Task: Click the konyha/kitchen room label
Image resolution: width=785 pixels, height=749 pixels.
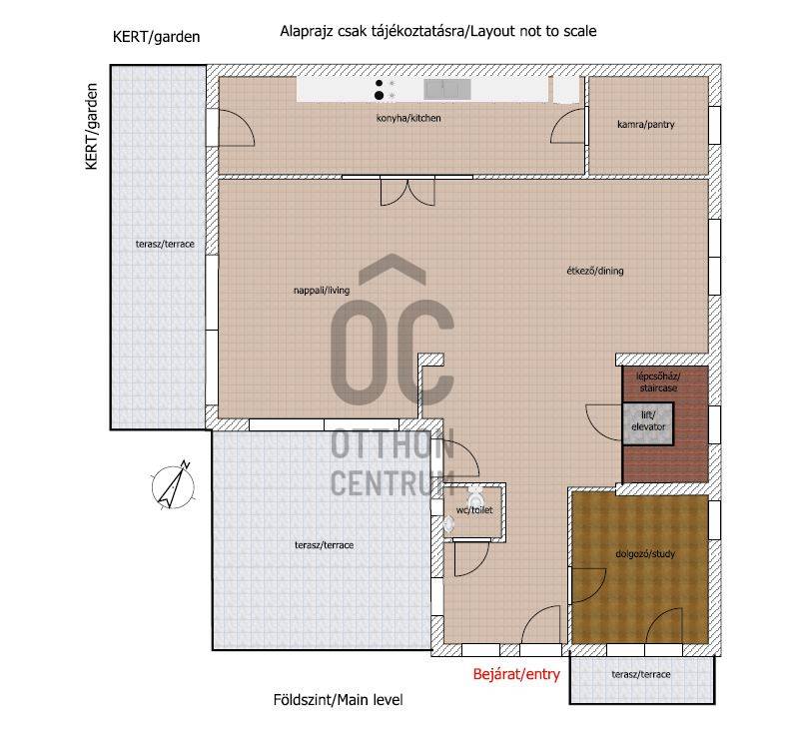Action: click(408, 118)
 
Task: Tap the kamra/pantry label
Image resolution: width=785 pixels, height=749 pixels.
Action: click(646, 124)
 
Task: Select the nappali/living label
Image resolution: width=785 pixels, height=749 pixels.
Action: click(322, 290)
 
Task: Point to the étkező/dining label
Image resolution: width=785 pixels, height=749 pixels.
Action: click(595, 271)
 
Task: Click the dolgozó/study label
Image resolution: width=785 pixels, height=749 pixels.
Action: click(645, 553)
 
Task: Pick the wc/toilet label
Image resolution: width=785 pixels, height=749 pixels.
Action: click(474, 509)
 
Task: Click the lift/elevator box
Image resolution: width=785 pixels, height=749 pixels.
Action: click(648, 423)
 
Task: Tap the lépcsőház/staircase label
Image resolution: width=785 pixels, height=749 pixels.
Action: click(658, 382)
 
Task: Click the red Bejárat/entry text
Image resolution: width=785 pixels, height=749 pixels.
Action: click(516, 674)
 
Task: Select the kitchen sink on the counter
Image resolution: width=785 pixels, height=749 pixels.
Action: click(447, 89)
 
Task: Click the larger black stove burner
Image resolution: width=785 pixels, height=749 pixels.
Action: click(379, 95)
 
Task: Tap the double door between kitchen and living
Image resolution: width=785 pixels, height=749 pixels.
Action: click(407, 193)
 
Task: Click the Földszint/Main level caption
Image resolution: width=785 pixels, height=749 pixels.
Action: click(338, 699)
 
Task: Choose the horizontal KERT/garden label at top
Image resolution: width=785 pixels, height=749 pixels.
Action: click(156, 37)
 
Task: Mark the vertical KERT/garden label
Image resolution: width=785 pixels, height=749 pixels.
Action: click(92, 127)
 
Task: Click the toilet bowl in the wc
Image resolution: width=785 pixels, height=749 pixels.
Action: click(475, 497)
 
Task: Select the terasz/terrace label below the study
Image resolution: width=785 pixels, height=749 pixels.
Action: click(641, 674)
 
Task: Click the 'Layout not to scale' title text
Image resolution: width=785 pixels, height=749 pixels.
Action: click(533, 31)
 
